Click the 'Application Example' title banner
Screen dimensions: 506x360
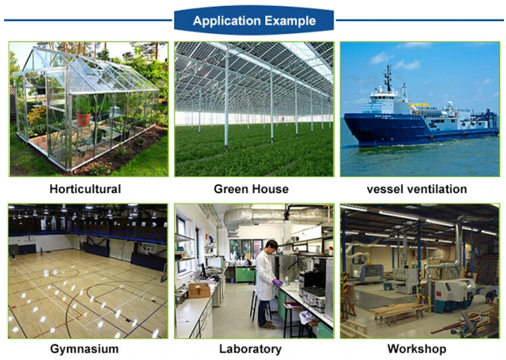pos(254,20)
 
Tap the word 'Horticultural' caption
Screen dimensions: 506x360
pos(85,189)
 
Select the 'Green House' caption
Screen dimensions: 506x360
pos(251,189)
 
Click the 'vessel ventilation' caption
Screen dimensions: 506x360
pos(417,189)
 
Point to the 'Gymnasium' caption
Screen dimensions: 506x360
pos(85,349)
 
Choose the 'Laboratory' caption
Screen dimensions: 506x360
pos(250,349)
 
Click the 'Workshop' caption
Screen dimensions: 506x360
pos(417,349)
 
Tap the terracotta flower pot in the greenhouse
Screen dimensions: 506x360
pos(83,119)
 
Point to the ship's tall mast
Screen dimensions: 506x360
pos(388,78)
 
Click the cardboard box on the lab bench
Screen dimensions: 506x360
pos(199,290)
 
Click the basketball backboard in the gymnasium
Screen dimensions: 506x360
pos(148,248)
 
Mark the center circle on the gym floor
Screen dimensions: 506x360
pos(64,273)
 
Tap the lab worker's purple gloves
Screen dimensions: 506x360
pos(277,282)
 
